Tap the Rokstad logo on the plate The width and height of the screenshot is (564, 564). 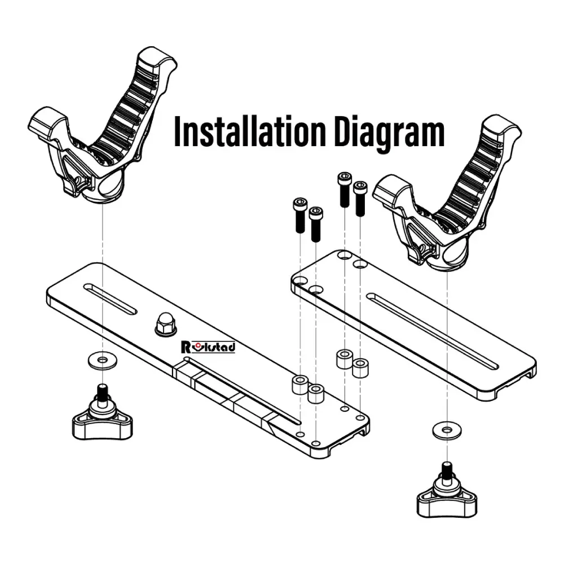click(209, 347)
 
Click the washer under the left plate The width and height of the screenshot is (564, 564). click(103, 360)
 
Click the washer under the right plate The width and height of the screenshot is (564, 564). click(447, 430)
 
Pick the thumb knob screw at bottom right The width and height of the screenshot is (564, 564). click(447, 491)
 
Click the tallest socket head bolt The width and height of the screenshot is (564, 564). click(344, 190)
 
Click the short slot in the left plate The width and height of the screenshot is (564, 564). click(110, 298)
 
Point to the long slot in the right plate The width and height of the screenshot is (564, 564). click(432, 331)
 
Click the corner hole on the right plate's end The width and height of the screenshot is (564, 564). click(299, 280)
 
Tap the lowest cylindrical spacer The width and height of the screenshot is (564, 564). click(316, 393)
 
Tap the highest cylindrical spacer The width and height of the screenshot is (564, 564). click(345, 359)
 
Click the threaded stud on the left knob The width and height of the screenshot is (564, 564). click(103, 391)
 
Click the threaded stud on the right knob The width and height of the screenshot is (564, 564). click(447, 469)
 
